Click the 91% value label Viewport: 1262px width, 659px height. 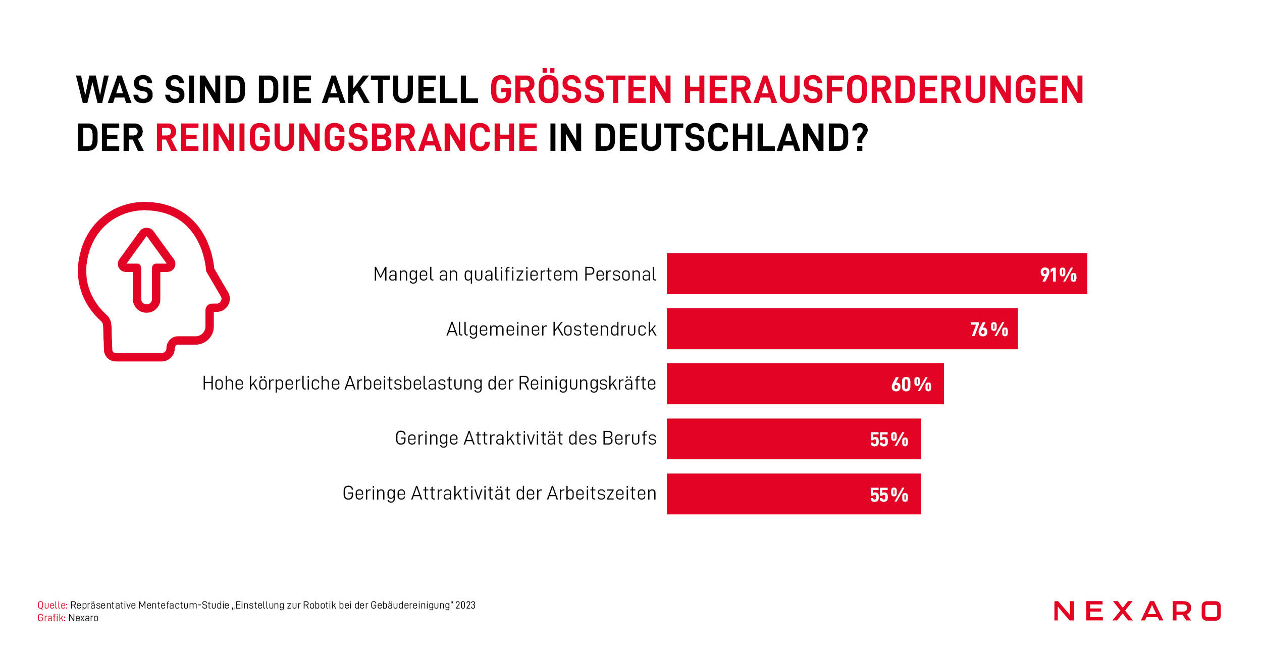pos(1058,274)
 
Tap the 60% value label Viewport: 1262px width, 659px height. pos(911,385)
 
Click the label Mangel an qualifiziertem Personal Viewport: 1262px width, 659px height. pos(514,274)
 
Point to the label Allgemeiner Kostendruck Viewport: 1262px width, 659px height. pos(551,329)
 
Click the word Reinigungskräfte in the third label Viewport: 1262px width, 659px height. pos(587,383)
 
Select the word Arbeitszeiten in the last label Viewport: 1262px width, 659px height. pos(601,493)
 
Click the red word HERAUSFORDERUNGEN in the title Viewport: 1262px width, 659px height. pos(883,90)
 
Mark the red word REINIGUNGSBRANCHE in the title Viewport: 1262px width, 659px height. pos(346,137)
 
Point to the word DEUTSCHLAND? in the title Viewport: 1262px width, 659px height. pos(730,137)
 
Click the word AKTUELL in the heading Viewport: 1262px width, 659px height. pos(400,90)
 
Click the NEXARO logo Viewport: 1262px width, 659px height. pos(1137,611)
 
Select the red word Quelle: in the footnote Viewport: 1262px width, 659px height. pos(52,605)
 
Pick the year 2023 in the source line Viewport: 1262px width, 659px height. pos(465,605)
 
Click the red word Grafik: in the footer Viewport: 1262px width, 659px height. pos(51,618)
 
